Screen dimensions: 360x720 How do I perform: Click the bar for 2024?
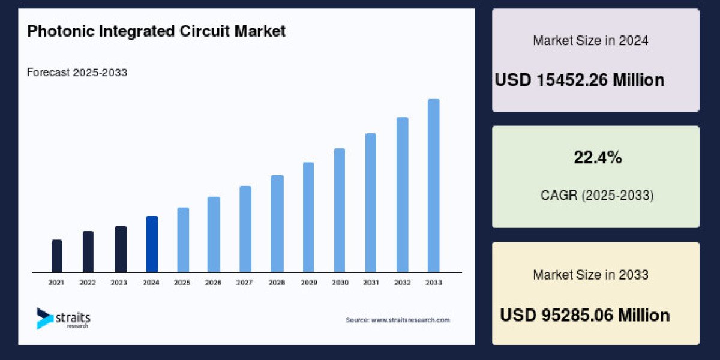point(152,244)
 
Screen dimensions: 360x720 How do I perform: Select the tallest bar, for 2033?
point(433,185)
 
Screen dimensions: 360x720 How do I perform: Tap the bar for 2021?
point(57,256)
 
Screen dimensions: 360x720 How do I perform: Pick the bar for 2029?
point(308,217)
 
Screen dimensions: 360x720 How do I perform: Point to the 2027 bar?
point(245,229)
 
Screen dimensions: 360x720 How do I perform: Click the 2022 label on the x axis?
point(88,282)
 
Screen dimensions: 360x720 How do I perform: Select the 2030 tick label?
point(340,282)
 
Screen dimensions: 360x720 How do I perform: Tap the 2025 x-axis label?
point(182,282)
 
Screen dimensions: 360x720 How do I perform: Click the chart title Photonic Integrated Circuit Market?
point(157,31)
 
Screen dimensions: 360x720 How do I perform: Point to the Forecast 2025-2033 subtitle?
point(77,73)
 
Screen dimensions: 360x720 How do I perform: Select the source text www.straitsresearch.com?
point(398,320)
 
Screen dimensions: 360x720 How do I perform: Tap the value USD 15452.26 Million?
point(580,80)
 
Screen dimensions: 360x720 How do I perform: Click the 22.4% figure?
point(598,158)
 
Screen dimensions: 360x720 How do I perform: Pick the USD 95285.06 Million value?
point(585,315)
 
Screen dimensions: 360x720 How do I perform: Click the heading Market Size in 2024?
point(590,41)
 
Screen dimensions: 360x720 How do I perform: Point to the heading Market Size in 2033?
point(590,275)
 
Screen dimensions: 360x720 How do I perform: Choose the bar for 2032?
point(402,194)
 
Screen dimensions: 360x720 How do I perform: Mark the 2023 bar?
point(121,249)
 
